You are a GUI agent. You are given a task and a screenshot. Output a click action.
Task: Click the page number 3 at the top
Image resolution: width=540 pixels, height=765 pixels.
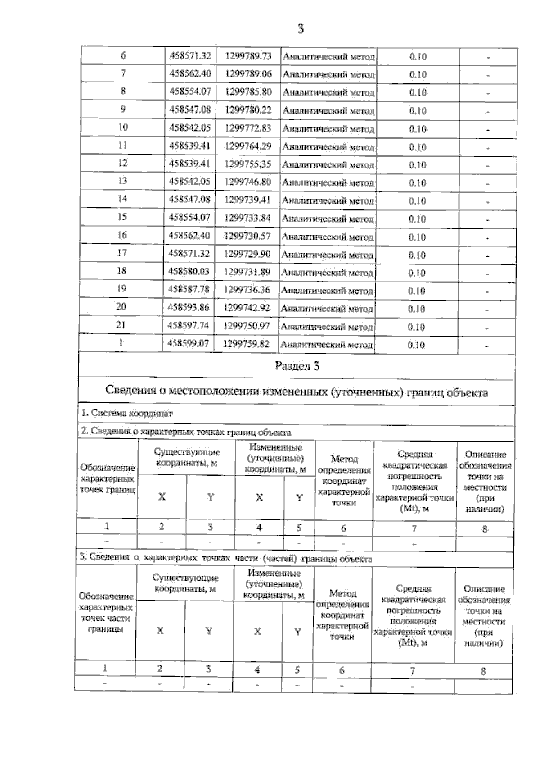coord(301,29)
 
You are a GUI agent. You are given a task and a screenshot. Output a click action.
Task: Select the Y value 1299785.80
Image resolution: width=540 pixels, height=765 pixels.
coord(248,92)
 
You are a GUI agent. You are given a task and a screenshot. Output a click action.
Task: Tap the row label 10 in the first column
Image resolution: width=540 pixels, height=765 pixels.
coord(123,127)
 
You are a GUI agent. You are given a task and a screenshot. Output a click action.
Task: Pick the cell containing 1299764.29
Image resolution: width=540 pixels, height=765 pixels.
coord(248,146)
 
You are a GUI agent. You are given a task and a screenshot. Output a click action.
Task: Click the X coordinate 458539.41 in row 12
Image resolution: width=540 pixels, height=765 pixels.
coord(189,164)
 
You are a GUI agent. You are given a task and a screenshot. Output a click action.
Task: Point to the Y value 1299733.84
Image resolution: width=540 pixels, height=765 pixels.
coord(247,218)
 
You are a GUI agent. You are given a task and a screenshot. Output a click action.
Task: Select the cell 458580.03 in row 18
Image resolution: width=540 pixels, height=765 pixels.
coord(189,272)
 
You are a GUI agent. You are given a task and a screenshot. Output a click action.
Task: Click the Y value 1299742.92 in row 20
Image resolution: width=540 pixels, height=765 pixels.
coord(247,308)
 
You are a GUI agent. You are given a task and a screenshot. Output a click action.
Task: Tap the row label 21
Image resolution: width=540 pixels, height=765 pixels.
coord(121,325)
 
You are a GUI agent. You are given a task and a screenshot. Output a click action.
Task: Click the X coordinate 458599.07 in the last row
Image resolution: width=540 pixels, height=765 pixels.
coord(188,344)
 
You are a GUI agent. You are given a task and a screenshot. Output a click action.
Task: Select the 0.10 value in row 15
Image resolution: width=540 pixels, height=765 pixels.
coord(417,219)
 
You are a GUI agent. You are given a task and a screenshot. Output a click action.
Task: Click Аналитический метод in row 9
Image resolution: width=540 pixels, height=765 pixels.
coord(329,111)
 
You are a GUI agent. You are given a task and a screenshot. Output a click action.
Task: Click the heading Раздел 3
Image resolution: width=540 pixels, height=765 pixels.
coord(297,366)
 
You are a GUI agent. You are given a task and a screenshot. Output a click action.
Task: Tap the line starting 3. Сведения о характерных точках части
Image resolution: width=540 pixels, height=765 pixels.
coord(225,559)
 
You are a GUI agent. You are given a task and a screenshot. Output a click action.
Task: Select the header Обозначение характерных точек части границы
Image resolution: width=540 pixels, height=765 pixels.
coord(106,613)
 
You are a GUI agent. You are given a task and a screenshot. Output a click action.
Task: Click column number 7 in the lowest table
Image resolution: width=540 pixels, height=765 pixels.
coord(412,671)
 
